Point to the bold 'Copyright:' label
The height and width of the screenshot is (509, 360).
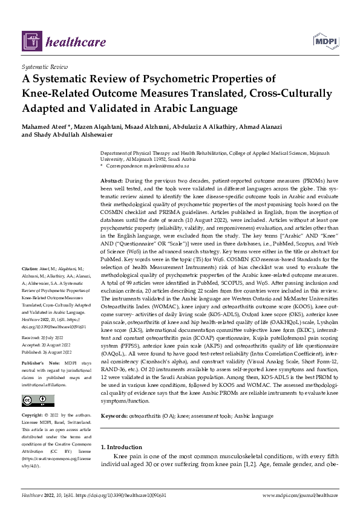tap(33, 416)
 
